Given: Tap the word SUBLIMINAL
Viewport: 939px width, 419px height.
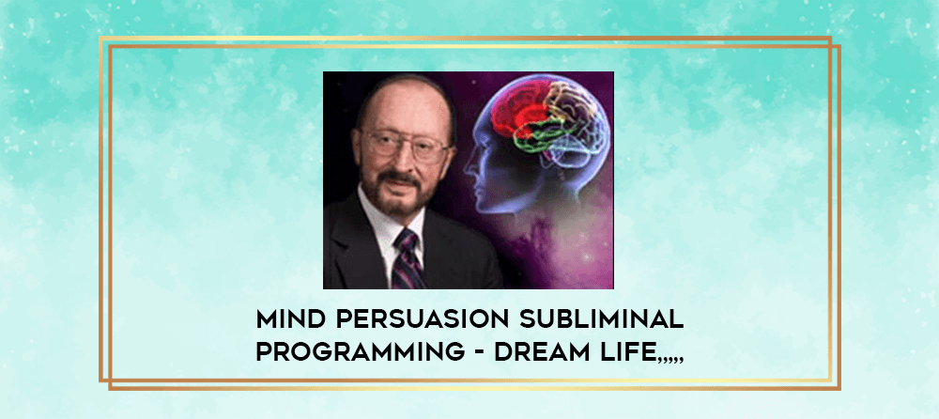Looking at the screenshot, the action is coord(601,320).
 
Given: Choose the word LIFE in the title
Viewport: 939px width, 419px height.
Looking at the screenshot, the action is coord(625,352).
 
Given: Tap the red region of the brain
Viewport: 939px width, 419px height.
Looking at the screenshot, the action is coord(518,109).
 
